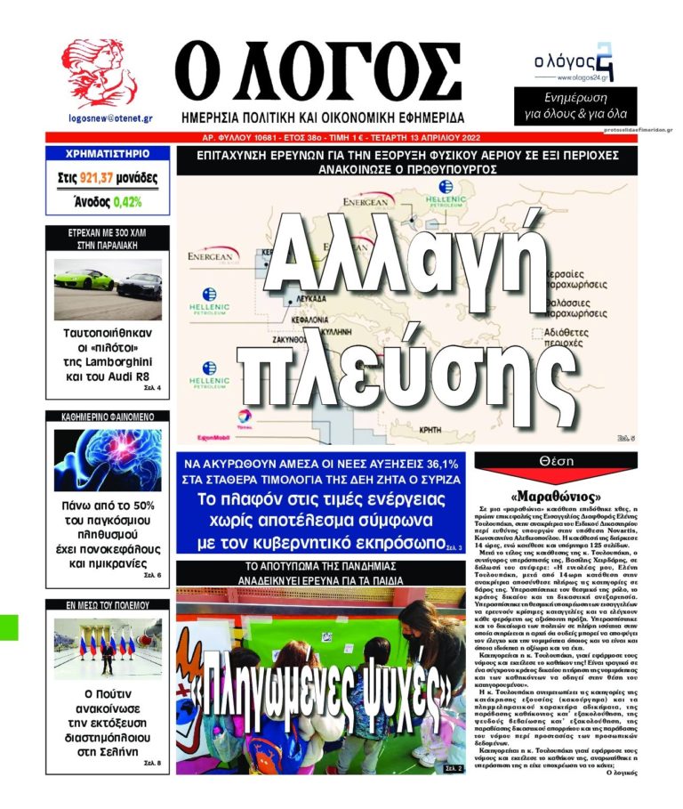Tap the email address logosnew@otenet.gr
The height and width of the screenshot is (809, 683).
(x=109, y=117)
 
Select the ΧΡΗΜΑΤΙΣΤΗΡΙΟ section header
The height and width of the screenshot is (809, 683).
(x=108, y=154)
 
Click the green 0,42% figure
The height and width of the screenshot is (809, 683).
(x=126, y=202)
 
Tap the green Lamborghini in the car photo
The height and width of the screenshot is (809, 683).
(x=84, y=280)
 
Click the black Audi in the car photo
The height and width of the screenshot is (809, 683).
(x=140, y=285)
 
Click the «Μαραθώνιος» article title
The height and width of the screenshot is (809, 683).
(x=558, y=495)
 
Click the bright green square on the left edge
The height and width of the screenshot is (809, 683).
(x=8, y=626)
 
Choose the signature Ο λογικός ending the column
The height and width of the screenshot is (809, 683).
(x=617, y=772)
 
